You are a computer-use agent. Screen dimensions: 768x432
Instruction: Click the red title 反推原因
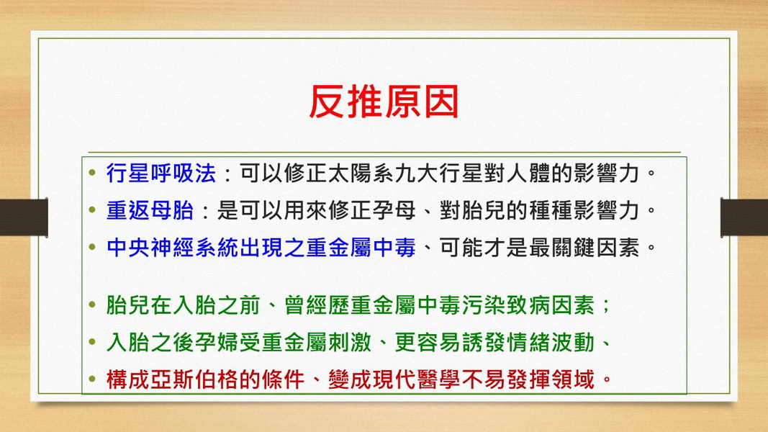point(384,102)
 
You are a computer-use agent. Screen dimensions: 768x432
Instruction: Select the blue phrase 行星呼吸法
point(161,174)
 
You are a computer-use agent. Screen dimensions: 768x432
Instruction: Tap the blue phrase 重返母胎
point(150,211)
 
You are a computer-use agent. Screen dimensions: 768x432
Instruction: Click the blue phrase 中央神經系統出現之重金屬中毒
point(261,248)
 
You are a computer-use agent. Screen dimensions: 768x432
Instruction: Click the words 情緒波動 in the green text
point(551,343)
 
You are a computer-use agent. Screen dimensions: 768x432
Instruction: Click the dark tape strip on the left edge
point(24,217)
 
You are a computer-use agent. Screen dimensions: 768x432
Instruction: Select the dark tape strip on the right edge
point(744,217)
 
